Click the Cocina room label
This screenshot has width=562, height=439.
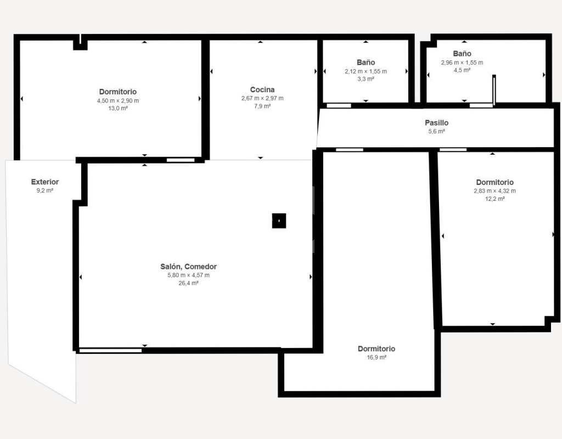coord(262,89)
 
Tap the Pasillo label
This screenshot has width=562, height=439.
coord(436,122)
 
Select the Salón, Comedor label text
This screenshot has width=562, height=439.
coord(189,267)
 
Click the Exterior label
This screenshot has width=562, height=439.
coord(45,182)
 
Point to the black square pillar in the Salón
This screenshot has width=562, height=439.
coord(279,221)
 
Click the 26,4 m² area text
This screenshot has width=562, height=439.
coord(189,283)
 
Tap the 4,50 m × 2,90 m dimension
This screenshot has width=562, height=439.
coord(118,101)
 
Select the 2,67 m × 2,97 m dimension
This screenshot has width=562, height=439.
coord(262,98)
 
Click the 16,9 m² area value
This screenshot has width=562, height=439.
coord(376,357)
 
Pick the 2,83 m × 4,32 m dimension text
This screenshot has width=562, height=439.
coord(494,191)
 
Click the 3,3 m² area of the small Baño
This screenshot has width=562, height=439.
coord(366,79)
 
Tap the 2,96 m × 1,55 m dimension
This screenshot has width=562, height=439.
coord(462,63)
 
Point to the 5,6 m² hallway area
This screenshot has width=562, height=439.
coord(436,131)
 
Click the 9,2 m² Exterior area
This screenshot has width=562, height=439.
coord(45,190)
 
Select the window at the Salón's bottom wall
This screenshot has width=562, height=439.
coord(110,351)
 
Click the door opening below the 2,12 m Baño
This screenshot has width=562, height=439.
coord(339,105)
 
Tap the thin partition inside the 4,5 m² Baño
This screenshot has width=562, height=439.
coord(494,91)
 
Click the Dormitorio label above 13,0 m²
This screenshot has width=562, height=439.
coord(118,92)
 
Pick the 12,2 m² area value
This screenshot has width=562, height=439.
coord(494,199)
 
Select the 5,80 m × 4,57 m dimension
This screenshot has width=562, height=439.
coord(189,275)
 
